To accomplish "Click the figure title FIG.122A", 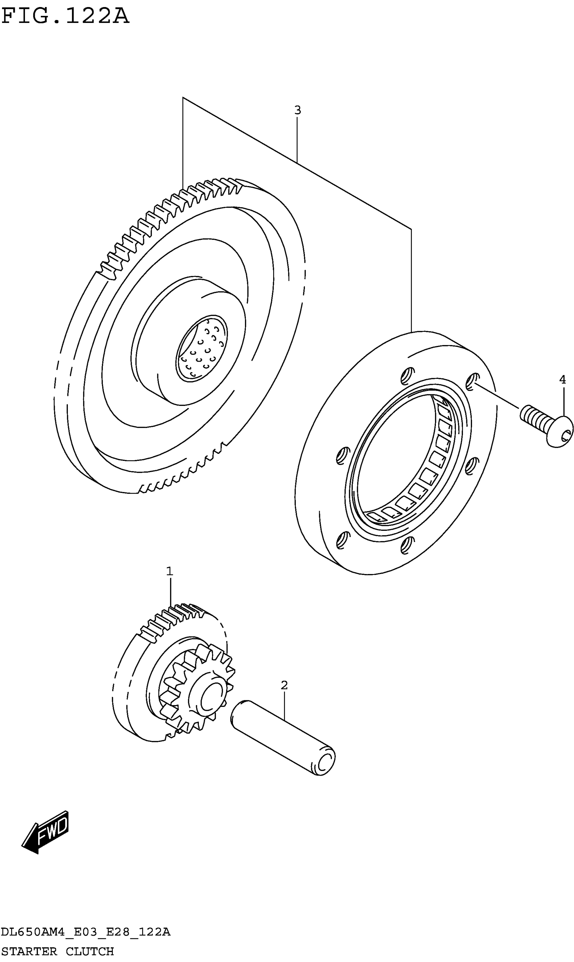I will click(x=65, y=16).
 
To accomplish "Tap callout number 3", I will click(x=297, y=110).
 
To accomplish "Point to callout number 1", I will click(x=169, y=571).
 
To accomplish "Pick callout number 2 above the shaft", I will click(x=284, y=685).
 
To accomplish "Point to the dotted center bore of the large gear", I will click(x=202, y=348).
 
